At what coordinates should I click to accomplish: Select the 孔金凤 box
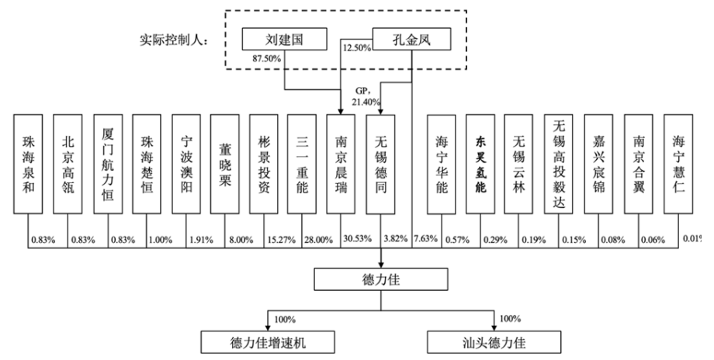(x=411, y=37)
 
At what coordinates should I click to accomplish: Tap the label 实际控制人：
(x=175, y=41)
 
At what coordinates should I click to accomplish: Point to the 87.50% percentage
(x=266, y=57)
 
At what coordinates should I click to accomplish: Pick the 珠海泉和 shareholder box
(x=29, y=166)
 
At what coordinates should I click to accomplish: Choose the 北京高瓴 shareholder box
(x=68, y=166)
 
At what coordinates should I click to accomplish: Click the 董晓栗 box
(x=225, y=166)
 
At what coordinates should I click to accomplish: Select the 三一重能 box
(x=303, y=166)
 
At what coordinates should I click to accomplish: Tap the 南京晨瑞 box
(x=342, y=166)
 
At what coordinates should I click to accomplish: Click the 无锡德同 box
(x=382, y=166)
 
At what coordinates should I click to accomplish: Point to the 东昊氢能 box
(x=480, y=166)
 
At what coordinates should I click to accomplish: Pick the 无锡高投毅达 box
(x=559, y=166)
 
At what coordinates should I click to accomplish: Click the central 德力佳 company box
(x=381, y=281)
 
